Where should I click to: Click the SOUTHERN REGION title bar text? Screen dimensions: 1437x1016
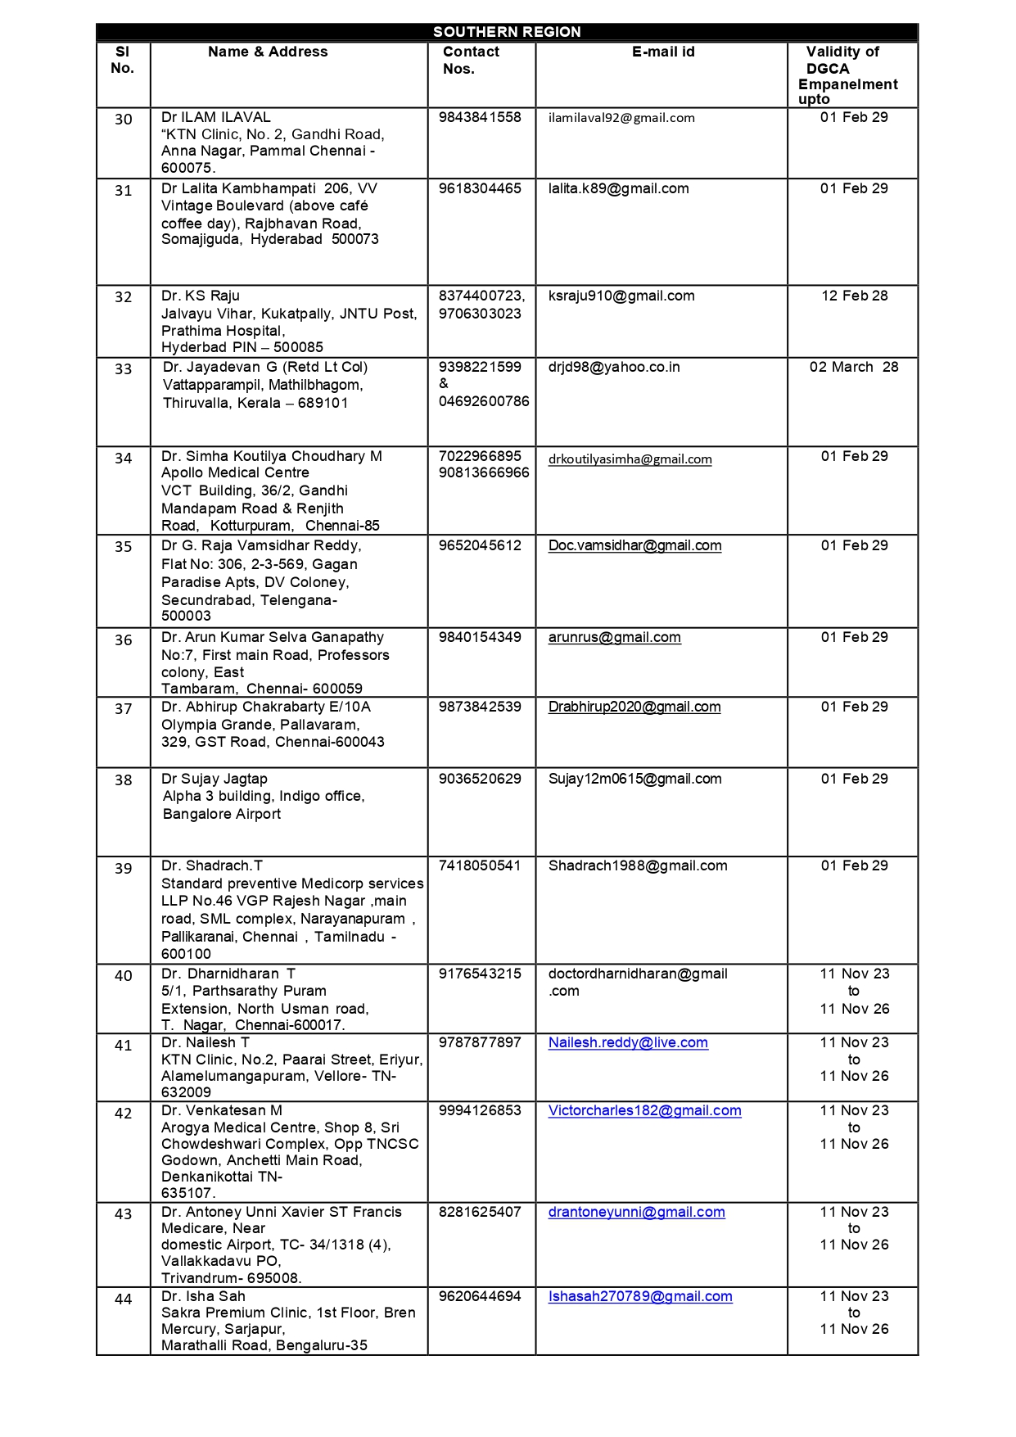click(x=507, y=32)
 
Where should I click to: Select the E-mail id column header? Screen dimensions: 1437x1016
click(x=663, y=52)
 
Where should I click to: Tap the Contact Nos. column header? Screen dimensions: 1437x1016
click(x=471, y=61)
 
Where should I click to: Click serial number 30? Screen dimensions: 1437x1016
click(x=123, y=120)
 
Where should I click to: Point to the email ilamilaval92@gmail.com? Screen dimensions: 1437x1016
click(x=621, y=118)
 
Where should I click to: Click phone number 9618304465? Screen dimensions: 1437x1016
click(x=480, y=188)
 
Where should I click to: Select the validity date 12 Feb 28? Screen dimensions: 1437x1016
click(x=855, y=296)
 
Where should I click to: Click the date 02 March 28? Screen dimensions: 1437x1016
click(x=854, y=367)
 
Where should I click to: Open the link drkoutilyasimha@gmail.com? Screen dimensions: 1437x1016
click(x=630, y=459)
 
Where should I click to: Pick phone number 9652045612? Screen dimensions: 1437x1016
click(x=480, y=545)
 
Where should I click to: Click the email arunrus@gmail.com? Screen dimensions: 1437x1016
click(x=614, y=637)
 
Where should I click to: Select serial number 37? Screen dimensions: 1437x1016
click(x=123, y=709)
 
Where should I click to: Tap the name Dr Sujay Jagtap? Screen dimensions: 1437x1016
click(x=214, y=779)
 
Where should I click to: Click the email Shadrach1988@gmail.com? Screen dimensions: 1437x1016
click(x=638, y=865)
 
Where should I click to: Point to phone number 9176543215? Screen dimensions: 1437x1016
click(x=480, y=974)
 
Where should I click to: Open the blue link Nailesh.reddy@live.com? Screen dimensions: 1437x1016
click(x=628, y=1042)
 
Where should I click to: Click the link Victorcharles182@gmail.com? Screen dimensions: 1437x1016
click(x=644, y=1110)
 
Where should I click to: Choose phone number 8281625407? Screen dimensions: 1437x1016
click(x=480, y=1212)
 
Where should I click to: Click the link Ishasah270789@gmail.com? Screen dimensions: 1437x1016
click(x=640, y=1296)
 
